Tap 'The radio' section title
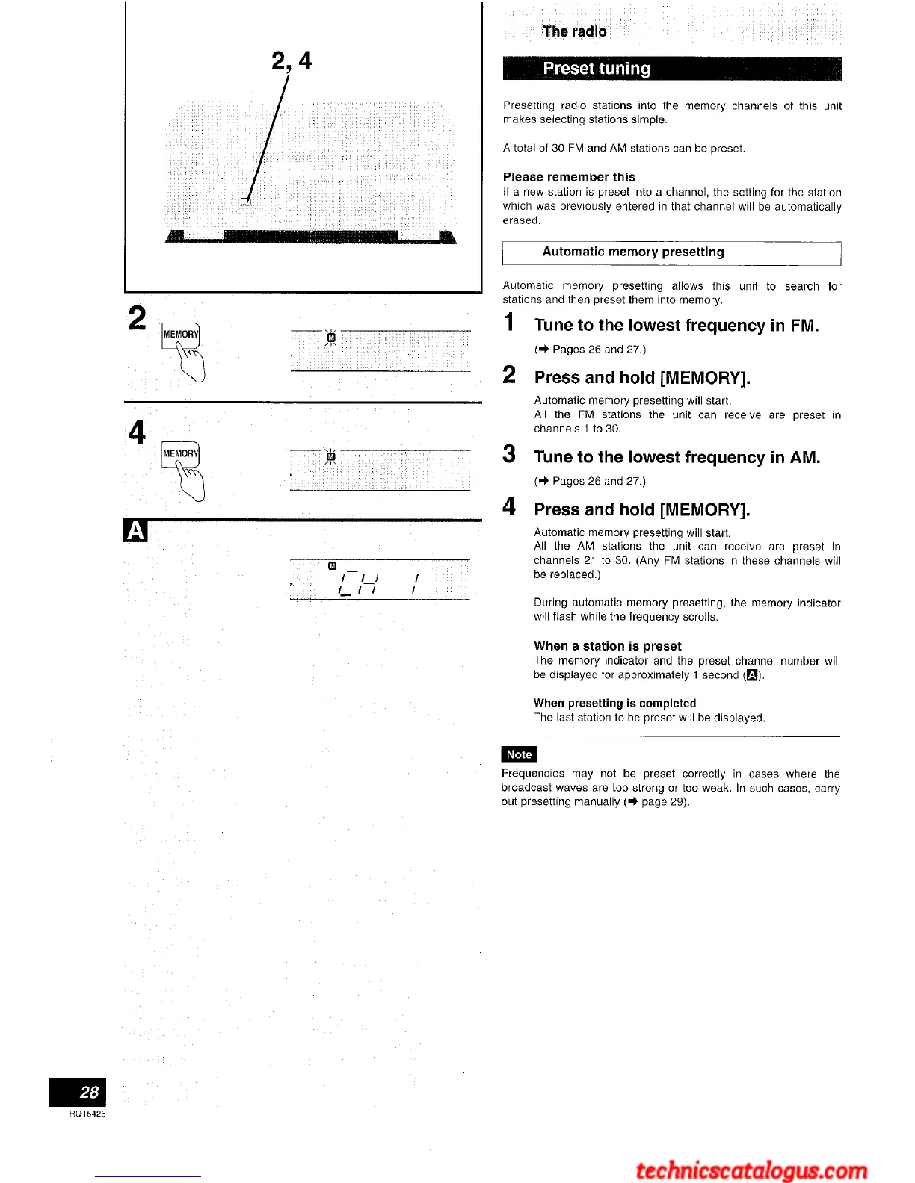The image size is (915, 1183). (575, 31)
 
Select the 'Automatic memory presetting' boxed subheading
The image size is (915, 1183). (633, 252)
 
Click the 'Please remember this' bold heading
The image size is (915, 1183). (569, 177)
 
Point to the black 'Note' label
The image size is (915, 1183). (519, 754)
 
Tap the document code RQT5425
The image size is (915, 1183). (87, 1114)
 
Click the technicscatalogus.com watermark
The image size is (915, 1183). (751, 1170)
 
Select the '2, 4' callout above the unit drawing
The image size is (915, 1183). (292, 60)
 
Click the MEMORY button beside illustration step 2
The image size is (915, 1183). (180, 335)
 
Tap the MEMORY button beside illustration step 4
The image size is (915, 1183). (180, 453)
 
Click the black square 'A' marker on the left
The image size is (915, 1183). (135, 531)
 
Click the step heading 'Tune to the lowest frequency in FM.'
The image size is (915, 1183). (676, 325)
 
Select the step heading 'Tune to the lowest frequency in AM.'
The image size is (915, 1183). (677, 457)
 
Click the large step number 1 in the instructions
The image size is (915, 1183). (510, 323)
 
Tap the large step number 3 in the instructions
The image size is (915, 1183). (509, 454)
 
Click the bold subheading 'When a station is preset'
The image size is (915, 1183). (607, 646)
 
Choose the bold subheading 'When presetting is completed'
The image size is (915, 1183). (614, 703)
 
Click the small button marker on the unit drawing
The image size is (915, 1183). (245, 201)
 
